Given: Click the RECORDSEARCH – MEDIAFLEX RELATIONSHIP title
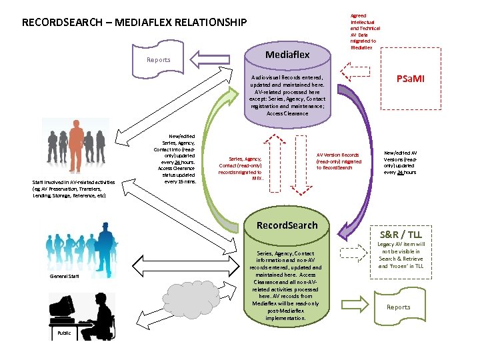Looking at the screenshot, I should (134, 23).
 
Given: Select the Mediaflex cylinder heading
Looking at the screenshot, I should (287, 55).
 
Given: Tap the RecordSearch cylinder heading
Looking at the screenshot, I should (287, 225).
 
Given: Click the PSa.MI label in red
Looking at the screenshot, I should (410, 79).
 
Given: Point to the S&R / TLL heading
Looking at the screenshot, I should (401, 235).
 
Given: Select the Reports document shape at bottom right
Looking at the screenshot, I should (399, 307).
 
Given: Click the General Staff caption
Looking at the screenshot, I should (65, 276).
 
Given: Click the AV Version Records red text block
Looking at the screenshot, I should (339, 161).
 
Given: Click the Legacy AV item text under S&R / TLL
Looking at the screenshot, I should (401, 255).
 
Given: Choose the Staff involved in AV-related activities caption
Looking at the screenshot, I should (73, 189).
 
